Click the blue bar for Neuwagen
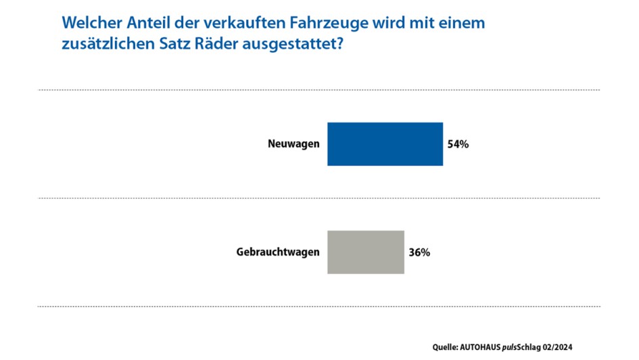click(385, 144)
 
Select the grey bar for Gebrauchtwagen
click(365, 252)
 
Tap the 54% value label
click(458, 144)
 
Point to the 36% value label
click(419, 252)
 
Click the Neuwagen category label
click(293, 144)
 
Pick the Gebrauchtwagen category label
click(277, 252)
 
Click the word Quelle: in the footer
click(447, 347)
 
